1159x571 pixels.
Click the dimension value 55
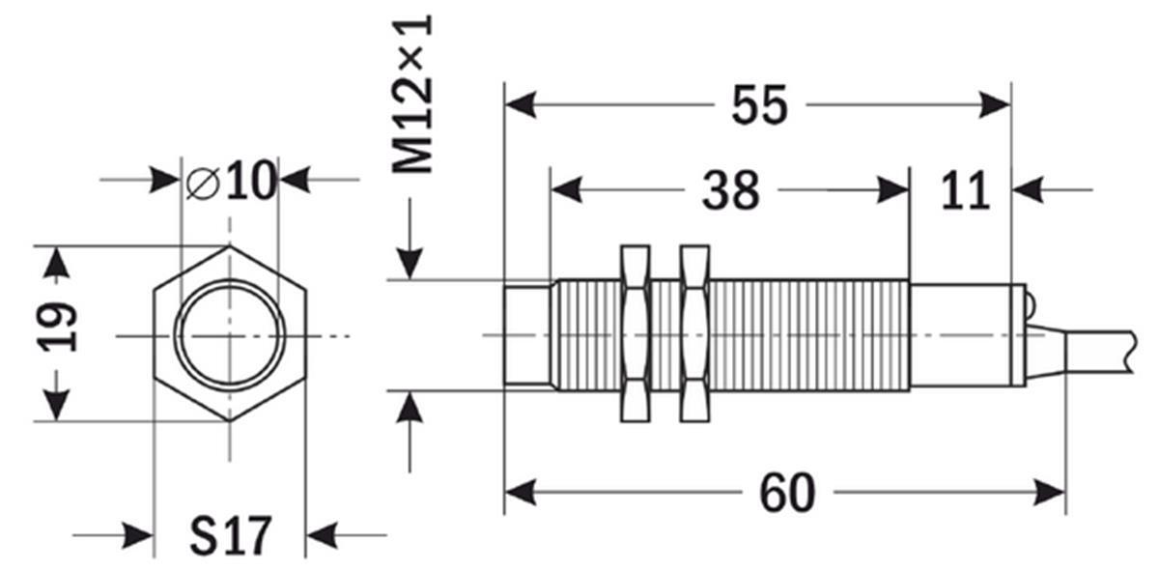pos(759,105)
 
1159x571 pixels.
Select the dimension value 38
pos(730,190)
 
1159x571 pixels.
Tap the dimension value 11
pos(966,191)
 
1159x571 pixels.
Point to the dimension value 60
pos(787,493)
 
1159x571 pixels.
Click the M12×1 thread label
pos(411,95)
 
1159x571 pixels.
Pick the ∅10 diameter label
pos(231,180)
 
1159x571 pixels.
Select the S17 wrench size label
pos(231,535)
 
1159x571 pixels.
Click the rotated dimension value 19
pos(57,327)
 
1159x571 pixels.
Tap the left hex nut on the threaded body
pos(635,333)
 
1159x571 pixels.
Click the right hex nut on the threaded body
pos(694,333)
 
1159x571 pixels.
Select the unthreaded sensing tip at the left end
pos(527,335)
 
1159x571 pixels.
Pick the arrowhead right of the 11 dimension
pos(1028,190)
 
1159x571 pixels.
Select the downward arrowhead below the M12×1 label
pos(410,264)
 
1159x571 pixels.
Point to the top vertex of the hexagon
pos(230,246)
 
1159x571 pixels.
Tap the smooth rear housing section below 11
pos(960,335)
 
